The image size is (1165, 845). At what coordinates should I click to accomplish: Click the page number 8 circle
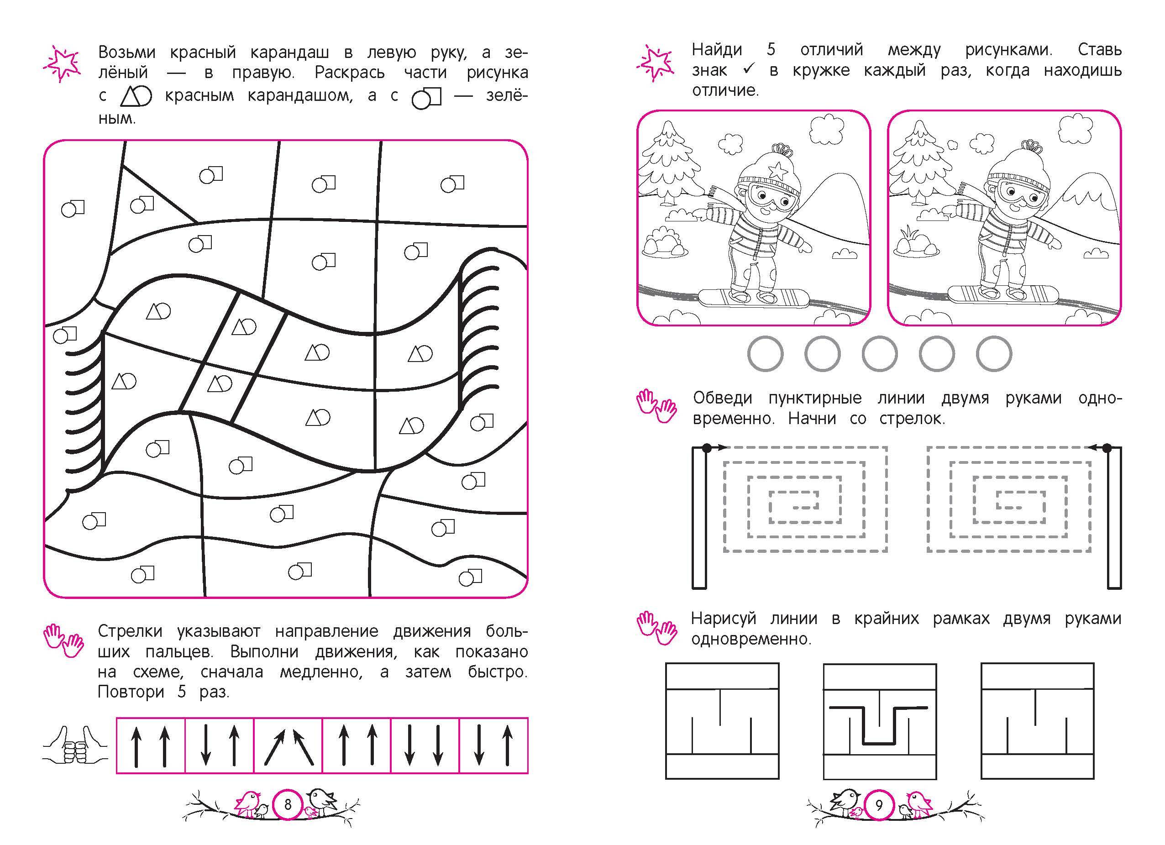click(288, 804)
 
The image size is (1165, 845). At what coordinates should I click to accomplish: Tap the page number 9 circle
click(879, 805)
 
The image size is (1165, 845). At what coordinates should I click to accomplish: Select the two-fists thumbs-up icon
click(75, 746)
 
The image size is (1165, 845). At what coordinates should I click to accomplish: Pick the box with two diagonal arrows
click(288, 745)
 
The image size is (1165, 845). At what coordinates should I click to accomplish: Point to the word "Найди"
click(717, 50)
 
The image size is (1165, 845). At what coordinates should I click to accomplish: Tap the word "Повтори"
click(131, 692)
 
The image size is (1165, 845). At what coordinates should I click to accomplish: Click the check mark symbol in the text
click(748, 70)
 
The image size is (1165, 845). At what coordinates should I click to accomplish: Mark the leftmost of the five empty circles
click(766, 353)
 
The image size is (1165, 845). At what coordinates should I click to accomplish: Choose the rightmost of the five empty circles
click(994, 353)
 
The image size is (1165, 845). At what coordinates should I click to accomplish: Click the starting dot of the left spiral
click(707, 448)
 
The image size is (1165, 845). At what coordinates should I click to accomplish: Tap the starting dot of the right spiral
click(1107, 448)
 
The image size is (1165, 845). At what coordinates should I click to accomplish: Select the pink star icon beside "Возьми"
click(62, 65)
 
